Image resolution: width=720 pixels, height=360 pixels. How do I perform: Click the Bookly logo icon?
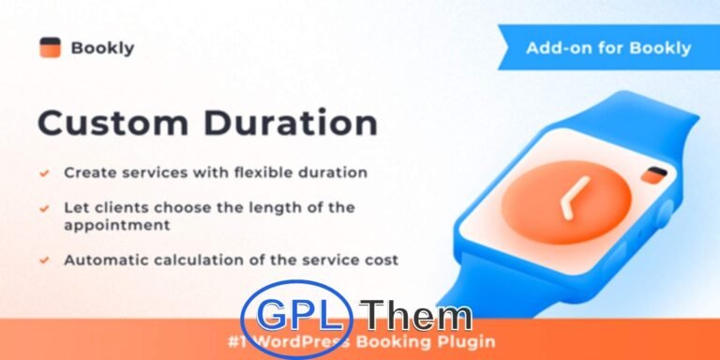click(50, 47)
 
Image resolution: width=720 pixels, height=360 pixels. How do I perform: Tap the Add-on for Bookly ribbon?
click(608, 48)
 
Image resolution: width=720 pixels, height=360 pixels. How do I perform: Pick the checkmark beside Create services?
click(44, 172)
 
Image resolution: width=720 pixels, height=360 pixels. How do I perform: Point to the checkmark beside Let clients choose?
click(44, 206)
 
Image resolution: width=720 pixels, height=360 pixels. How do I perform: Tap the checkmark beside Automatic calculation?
click(44, 258)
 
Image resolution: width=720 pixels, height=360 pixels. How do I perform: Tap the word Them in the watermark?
click(417, 317)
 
